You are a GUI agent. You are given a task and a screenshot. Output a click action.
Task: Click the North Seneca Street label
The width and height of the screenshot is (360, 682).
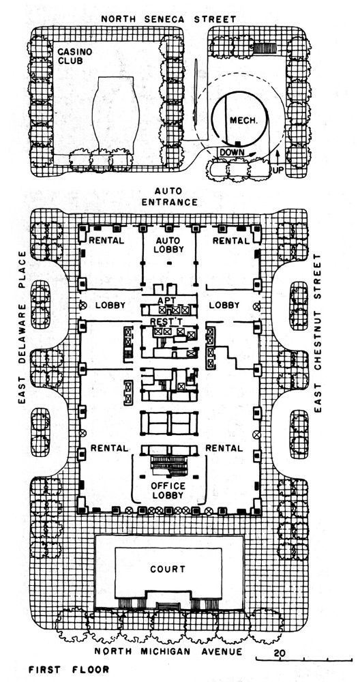[168, 19]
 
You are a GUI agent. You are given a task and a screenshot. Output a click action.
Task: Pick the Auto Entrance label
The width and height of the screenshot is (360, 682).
[176, 197]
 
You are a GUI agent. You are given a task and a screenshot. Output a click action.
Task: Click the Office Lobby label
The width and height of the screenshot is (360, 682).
[168, 490]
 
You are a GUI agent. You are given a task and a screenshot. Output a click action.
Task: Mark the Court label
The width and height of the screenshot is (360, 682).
[168, 569]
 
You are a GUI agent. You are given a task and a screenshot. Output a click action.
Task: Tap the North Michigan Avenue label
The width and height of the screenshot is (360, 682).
[168, 651]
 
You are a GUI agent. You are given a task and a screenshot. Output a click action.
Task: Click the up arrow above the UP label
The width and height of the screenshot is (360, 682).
[277, 155]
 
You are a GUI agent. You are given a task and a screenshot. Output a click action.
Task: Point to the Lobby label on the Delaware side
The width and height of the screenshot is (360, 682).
[106, 306]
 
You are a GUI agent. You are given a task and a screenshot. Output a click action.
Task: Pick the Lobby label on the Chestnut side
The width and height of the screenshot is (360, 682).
[224, 306]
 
